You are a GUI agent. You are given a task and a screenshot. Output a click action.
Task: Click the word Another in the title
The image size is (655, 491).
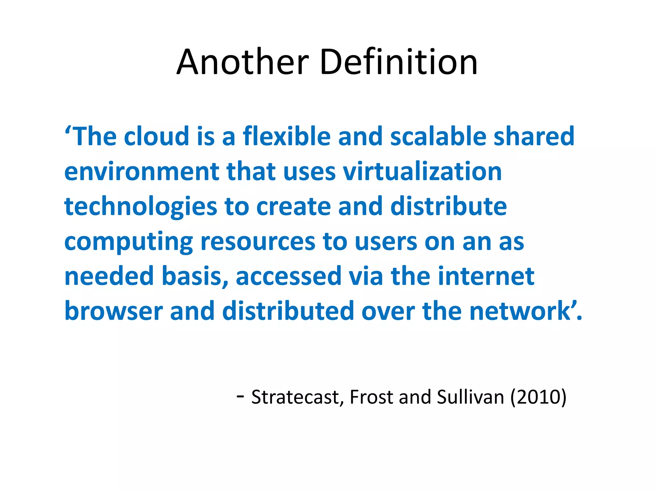tap(243, 62)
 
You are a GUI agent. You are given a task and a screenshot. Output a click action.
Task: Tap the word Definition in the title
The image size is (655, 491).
tap(399, 62)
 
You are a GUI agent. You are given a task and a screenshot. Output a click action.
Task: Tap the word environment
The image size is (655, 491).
tap(142, 172)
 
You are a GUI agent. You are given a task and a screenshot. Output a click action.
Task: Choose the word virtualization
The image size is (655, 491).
tap(422, 172)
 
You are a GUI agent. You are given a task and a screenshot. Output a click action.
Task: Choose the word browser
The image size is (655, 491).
tap(114, 311)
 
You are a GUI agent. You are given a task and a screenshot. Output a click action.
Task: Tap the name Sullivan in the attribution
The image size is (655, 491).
tap(470, 397)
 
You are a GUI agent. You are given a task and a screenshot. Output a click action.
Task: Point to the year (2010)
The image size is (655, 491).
tap(538, 397)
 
